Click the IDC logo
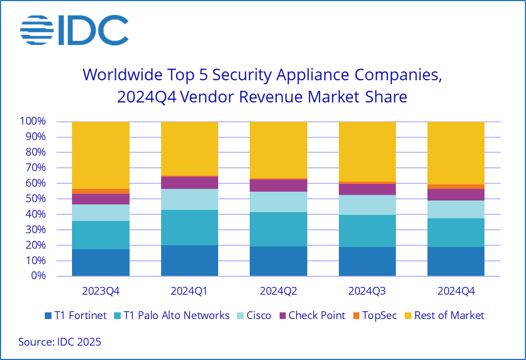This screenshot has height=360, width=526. [75, 30]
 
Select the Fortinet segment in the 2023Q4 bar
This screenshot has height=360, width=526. [101, 263]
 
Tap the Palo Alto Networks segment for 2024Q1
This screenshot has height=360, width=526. [189, 228]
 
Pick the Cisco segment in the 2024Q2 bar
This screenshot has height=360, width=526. [279, 202]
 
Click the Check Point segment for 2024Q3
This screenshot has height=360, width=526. [367, 189]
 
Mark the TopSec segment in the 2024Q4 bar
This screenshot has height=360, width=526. [456, 187]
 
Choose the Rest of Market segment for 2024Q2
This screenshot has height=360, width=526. [279, 150]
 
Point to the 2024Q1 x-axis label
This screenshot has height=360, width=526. [189, 290]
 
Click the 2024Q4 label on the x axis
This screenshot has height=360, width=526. [456, 290]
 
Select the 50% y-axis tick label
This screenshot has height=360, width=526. [36, 199]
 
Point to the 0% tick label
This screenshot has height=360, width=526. [38, 276]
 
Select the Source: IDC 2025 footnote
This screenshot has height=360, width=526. [60, 342]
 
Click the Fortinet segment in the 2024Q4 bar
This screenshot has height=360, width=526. [456, 261]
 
